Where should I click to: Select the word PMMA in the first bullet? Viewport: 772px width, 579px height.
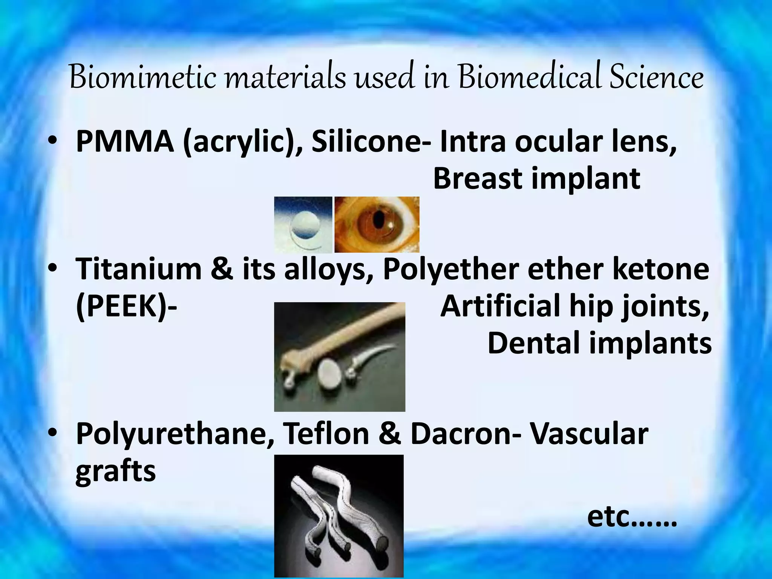coord(125,141)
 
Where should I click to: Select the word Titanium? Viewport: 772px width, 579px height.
coord(138,269)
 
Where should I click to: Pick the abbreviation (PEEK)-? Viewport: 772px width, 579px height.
coord(126,306)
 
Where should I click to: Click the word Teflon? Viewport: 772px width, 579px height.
coord(326,433)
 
